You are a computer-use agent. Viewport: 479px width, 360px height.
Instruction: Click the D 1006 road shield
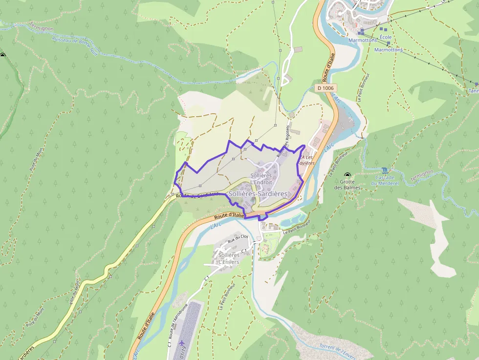coord(325,88)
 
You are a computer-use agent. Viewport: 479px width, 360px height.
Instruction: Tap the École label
coord(385,37)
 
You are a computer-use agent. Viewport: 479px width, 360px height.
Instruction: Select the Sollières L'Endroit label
coord(261,179)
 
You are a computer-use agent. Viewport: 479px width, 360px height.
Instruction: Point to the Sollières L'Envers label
coord(229,258)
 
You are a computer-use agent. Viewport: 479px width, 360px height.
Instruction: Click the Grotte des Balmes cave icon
coord(347,175)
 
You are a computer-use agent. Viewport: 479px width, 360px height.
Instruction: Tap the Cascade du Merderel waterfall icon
coord(385,170)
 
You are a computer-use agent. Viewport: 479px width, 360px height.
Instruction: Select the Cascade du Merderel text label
coord(385,180)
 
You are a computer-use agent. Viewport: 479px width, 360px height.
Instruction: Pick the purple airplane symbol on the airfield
coord(182,343)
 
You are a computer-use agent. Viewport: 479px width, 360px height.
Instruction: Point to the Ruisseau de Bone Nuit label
coord(75,46)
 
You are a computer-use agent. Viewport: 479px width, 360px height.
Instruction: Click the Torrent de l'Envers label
coord(342,349)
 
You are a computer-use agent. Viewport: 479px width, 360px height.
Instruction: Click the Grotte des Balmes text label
coord(347,185)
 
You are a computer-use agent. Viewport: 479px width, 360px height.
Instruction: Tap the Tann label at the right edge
coord(473,90)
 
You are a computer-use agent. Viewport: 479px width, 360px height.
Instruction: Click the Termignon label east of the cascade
coord(421,176)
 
